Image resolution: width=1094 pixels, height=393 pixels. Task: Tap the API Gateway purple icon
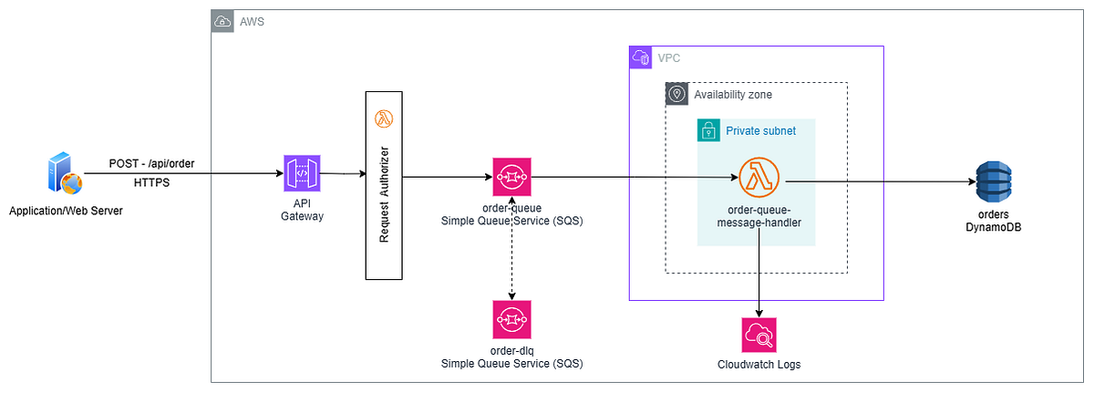pos(302,173)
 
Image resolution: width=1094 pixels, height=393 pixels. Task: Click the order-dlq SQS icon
pos(511,320)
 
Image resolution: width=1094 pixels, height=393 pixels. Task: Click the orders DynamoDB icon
pos(994,181)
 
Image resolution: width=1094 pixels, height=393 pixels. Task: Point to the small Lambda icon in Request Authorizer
pos(383,119)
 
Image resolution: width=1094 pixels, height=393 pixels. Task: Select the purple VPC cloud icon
pos(641,57)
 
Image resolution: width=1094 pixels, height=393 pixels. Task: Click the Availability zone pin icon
pos(676,94)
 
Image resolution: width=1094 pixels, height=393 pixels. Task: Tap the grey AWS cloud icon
pos(222,21)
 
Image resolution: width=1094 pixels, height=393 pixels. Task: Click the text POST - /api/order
pos(151,163)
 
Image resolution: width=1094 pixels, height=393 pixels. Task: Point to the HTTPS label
pos(151,183)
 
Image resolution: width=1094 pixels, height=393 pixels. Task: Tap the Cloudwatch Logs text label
pos(759,365)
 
